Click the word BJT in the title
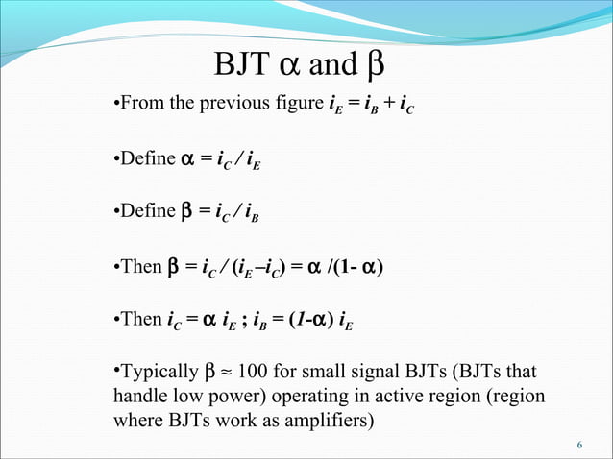(x=243, y=67)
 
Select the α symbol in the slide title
(x=292, y=67)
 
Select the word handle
(x=140, y=396)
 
